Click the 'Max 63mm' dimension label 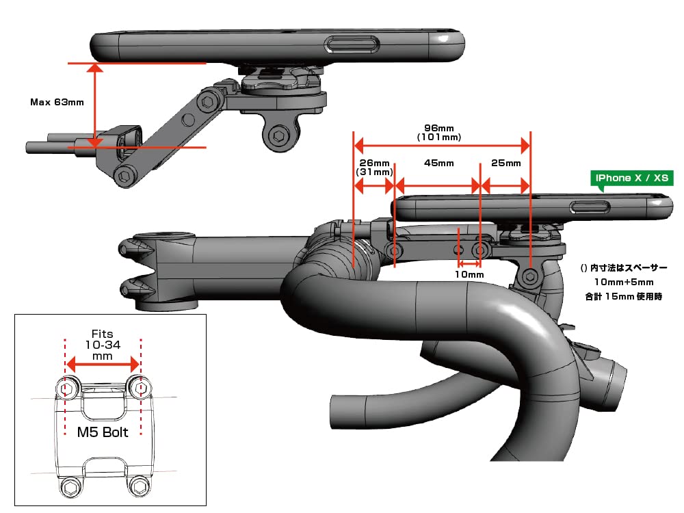pos(57,103)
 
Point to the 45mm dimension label pos(438,163)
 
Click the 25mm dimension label pos(506,163)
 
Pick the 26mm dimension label pos(374,163)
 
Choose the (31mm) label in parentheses pos(373,174)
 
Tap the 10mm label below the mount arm pos(470,275)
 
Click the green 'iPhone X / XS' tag pos(633,178)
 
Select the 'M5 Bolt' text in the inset pos(102,432)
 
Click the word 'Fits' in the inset pos(102,334)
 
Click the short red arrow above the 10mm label pos(470,263)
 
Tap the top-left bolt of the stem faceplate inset pos(66,389)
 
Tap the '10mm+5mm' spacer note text pos(623,282)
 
